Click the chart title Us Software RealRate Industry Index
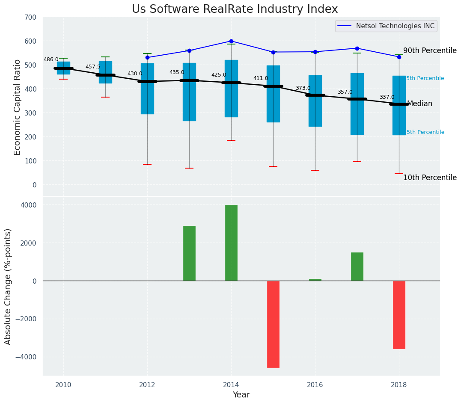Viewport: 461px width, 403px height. (x=235, y=9)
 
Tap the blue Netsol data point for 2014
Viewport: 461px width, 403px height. (x=231, y=41)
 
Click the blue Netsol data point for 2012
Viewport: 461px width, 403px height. (x=147, y=57)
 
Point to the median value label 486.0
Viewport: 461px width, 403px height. (x=51, y=59)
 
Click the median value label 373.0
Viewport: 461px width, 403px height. (x=303, y=88)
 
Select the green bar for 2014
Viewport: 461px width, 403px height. (x=231, y=243)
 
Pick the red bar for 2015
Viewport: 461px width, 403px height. (x=273, y=324)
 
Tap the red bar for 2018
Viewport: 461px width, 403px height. (x=399, y=314)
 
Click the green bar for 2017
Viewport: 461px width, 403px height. (x=357, y=267)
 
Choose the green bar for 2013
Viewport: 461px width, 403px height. (x=189, y=253)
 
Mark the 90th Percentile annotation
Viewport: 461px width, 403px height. (x=430, y=50)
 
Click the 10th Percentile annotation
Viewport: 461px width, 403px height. (x=430, y=178)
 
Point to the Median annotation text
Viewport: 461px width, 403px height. (x=419, y=104)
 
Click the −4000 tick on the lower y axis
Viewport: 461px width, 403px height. (x=26, y=357)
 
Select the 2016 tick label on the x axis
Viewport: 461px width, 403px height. (x=315, y=384)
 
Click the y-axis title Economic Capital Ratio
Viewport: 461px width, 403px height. (x=18, y=107)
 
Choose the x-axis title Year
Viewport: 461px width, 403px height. (x=241, y=395)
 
